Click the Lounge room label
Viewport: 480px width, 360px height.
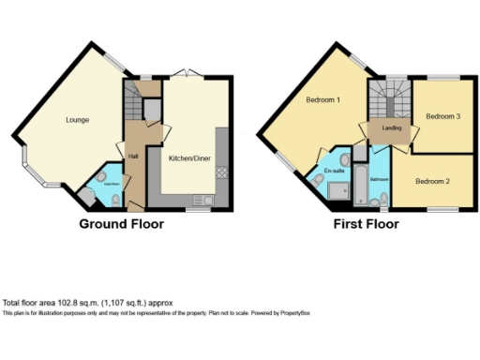point(77,120)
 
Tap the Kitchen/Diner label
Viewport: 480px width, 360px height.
point(188,159)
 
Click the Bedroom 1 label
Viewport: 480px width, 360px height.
point(323,99)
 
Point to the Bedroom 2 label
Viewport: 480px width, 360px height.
point(433,181)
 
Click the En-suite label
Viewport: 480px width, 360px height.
point(335,172)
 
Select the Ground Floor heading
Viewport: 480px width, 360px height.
point(121,224)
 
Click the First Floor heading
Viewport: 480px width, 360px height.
point(367,224)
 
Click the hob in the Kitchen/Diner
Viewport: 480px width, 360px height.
point(222,172)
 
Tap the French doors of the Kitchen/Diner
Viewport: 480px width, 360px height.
point(188,75)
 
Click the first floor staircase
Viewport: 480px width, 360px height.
point(380,97)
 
